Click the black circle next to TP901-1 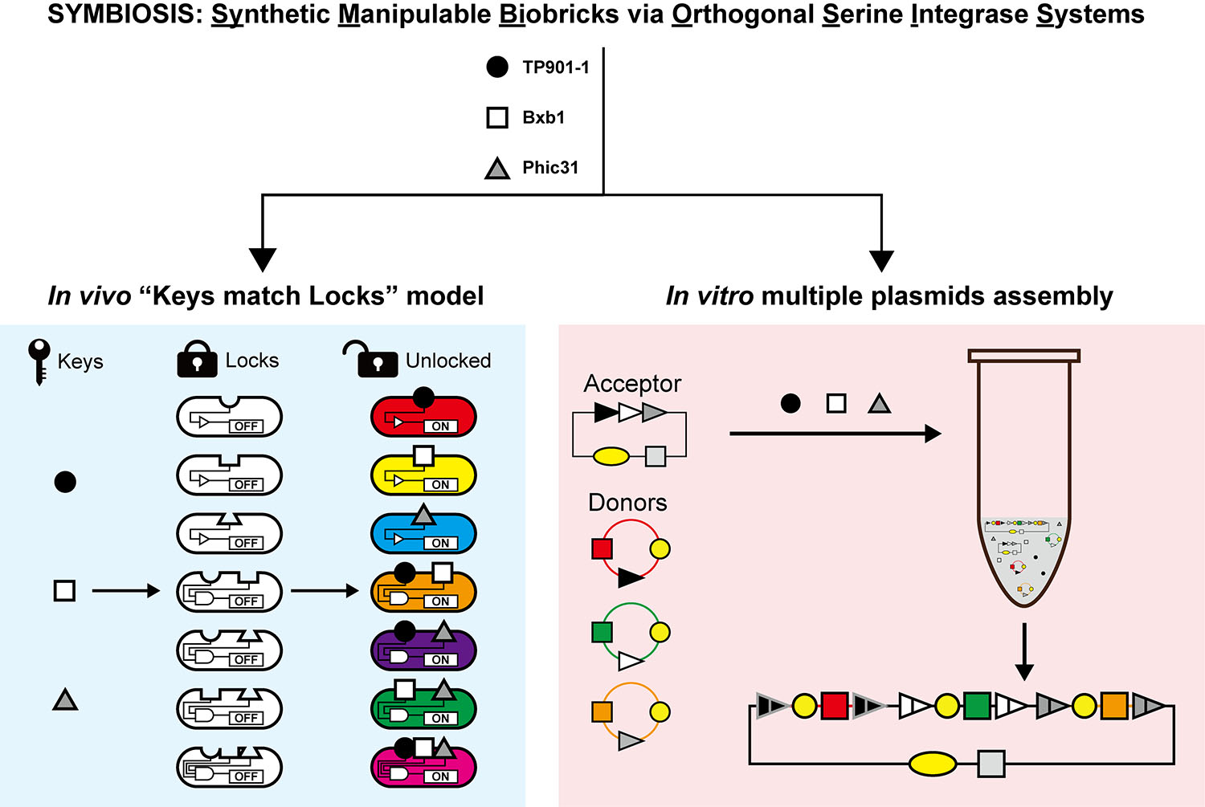[x=497, y=67]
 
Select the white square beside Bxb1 [x=497, y=118]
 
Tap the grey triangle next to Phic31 [x=497, y=169]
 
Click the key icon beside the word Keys [x=39, y=361]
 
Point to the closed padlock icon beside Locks [x=198, y=361]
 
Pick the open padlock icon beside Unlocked [x=372, y=360]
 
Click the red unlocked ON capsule [x=423, y=417]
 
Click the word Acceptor [x=632, y=384]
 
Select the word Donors [x=627, y=503]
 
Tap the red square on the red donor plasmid [x=602, y=549]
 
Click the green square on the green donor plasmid [x=602, y=632]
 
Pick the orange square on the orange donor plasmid [x=602, y=711]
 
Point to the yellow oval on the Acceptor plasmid [x=611, y=457]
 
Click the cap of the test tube [x=1024, y=356]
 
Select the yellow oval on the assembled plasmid [x=933, y=764]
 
